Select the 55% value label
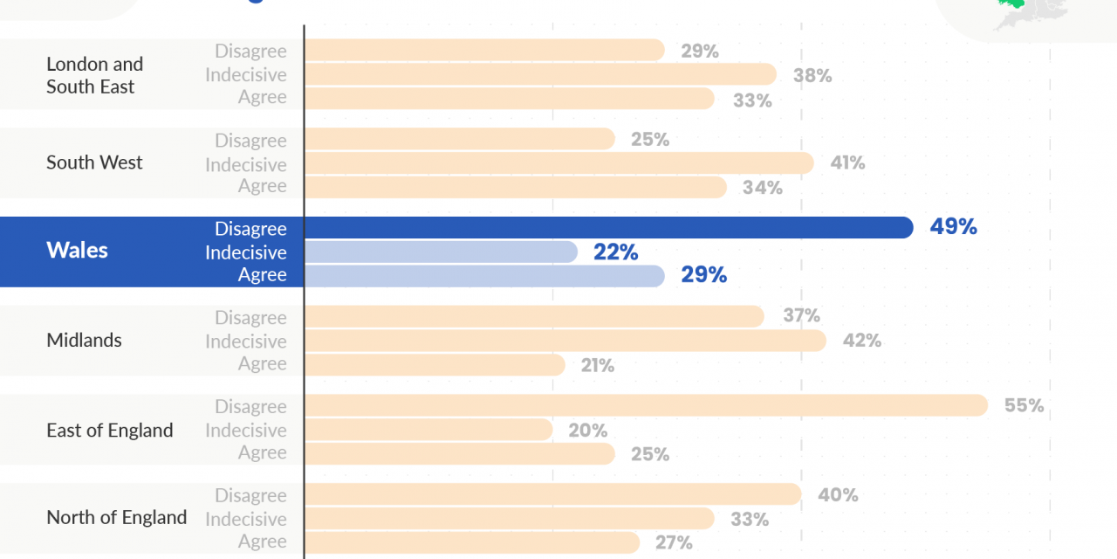(x=1024, y=405)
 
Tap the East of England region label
(x=109, y=430)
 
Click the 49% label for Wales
(x=953, y=227)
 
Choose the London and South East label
(x=94, y=75)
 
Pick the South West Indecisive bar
(x=558, y=163)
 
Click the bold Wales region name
(x=77, y=251)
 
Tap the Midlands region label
(x=84, y=340)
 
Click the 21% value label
(x=598, y=366)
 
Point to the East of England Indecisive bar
(x=428, y=430)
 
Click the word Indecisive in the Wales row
(x=245, y=252)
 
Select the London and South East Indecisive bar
(x=540, y=74)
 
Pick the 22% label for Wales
(x=615, y=252)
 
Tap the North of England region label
(x=116, y=517)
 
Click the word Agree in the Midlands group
(x=262, y=364)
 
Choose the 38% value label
(x=812, y=76)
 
